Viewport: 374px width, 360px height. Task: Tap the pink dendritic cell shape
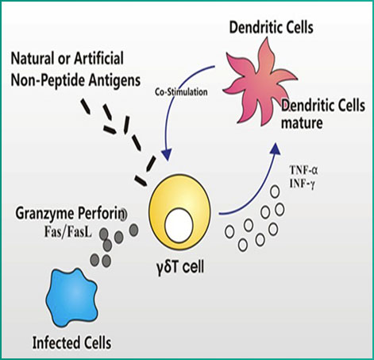[x=258, y=85]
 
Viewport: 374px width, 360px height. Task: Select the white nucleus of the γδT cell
[x=179, y=225]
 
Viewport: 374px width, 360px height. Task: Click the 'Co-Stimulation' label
[x=181, y=92]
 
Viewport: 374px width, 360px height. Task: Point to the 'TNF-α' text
[x=303, y=170]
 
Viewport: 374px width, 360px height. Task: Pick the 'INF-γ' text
[x=302, y=184]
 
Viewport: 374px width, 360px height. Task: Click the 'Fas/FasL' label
[x=67, y=232]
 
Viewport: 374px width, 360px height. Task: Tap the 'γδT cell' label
[x=180, y=267]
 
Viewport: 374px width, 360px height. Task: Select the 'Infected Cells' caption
[x=71, y=343]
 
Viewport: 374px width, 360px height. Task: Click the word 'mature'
[x=302, y=123]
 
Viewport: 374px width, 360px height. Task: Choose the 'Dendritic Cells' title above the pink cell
[x=271, y=27]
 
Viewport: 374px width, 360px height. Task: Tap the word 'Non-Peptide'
[x=48, y=80]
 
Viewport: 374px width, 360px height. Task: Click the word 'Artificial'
[x=98, y=58]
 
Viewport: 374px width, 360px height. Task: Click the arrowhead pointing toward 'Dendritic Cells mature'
[x=276, y=149]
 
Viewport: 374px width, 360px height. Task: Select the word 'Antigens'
[x=114, y=81]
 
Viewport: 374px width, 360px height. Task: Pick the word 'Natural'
[x=33, y=59]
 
